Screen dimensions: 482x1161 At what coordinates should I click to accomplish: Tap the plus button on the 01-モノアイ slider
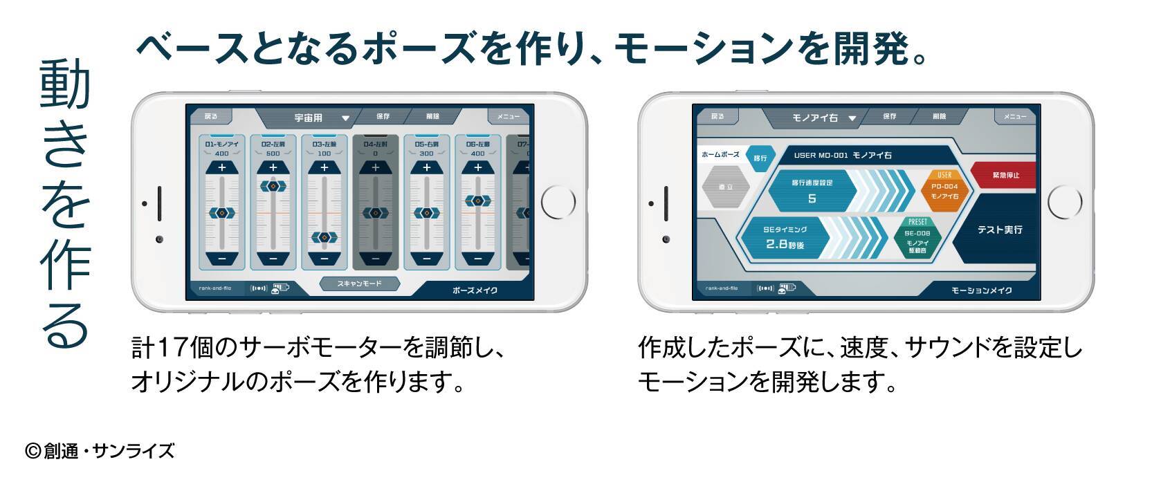coord(221,168)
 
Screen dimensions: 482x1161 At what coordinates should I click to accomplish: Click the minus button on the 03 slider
coord(324,259)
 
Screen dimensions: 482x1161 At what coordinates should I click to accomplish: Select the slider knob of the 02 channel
coord(273,186)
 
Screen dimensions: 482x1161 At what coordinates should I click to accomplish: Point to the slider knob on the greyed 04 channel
coord(375,214)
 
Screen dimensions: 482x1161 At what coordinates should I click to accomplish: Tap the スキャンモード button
coord(360,284)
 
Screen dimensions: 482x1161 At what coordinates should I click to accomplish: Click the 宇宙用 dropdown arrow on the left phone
coord(345,118)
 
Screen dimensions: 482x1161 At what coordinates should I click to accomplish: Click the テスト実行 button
coord(999,230)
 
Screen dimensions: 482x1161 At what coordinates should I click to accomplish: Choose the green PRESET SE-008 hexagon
coord(917,237)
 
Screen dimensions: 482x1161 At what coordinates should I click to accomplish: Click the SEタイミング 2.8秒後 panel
coord(785,237)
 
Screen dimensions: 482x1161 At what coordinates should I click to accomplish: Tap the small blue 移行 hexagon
coord(760,158)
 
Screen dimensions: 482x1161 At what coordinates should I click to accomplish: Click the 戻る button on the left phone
coord(211,117)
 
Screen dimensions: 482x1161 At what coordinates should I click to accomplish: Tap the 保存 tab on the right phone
coord(889,117)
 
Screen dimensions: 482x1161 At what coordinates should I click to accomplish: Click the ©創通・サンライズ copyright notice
coord(100,452)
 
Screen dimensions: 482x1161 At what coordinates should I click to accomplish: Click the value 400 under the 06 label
coord(477,154)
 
